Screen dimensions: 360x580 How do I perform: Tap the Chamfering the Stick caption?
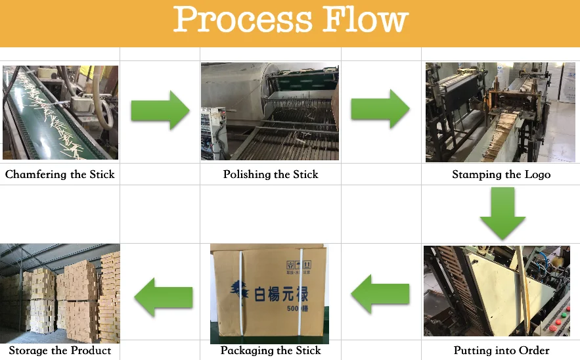pos(60,174)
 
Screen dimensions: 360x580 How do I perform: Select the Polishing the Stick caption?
pos(271,174)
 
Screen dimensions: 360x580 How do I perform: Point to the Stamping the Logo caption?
pos(501,174)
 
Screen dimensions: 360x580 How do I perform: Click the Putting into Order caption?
pos(501,350)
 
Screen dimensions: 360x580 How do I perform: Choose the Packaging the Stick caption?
pos(271,350)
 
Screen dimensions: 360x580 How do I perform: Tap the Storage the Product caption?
pos(60,350)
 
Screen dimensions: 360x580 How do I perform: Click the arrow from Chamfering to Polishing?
pos(160,110)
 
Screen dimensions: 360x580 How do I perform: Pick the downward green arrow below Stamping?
pos(502,213)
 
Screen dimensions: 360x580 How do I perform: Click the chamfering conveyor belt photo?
pos(60,112)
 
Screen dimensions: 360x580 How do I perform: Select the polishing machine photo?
pos(270,112)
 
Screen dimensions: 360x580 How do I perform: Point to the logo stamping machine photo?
pos(501,112)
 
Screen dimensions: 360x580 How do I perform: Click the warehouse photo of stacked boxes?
pos(60,293)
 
